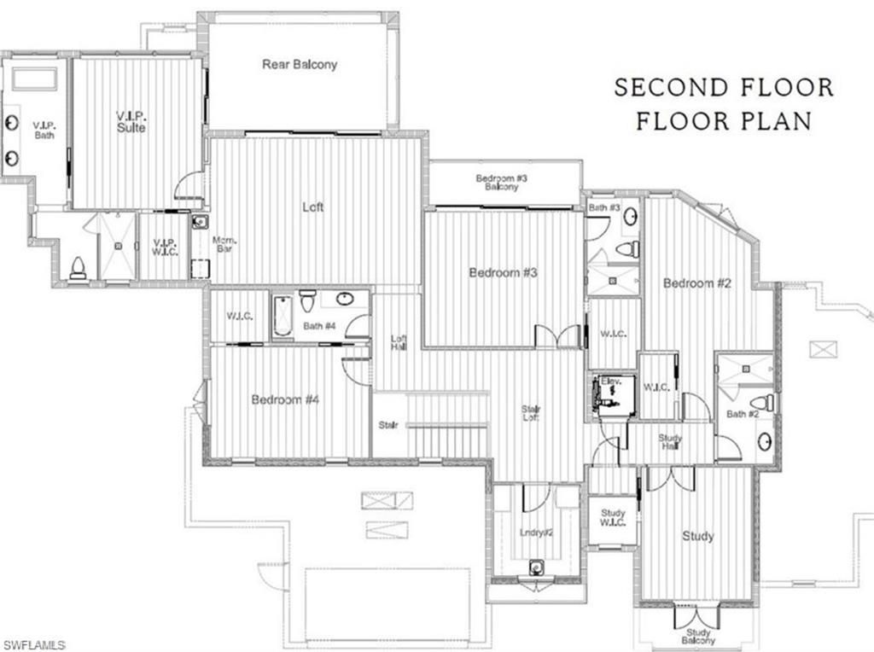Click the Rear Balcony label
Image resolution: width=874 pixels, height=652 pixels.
coord(300,64)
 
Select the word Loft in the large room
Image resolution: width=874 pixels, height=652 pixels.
coord(313,207)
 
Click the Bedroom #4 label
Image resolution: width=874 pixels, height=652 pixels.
coord(285,399)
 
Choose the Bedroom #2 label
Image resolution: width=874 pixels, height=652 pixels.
coord(697,283)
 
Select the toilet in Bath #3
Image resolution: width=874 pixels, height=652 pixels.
coord(627,249)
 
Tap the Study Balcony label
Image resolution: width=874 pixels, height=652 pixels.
coord(698,636)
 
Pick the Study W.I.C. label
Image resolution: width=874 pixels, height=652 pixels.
coord(613,517)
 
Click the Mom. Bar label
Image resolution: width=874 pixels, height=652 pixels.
coord(224,247)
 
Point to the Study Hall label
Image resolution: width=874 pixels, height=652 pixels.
coord(670,441)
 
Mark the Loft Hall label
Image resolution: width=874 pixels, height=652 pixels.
coord(398,342)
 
